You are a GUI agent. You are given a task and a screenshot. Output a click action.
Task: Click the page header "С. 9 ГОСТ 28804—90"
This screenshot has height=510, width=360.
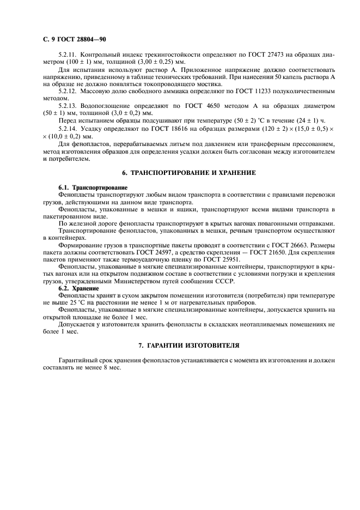click(74, 40)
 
